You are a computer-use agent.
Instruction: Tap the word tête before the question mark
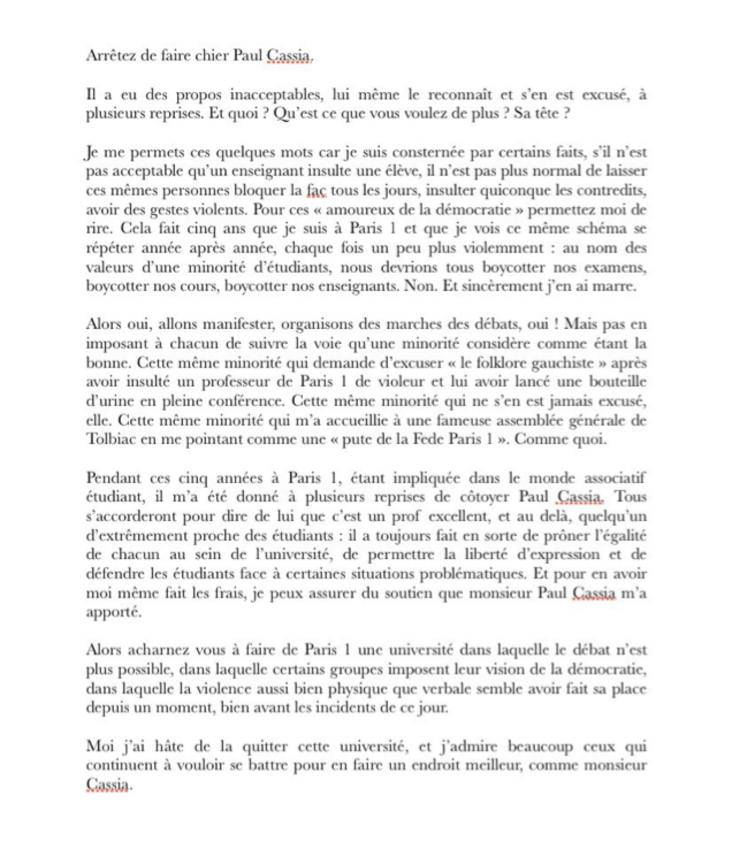tap(547, 113)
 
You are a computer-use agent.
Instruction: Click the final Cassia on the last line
tap(107, 784)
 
